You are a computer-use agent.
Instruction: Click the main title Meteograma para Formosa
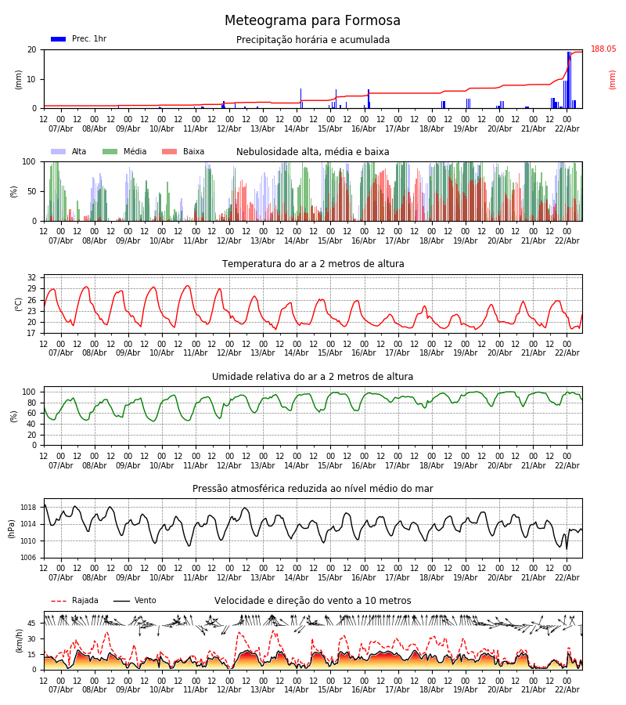(312, 21)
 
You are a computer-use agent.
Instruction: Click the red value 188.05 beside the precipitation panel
(603, 49)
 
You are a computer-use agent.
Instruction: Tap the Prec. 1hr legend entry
(88, 39)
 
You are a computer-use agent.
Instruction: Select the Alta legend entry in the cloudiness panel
(79, 152)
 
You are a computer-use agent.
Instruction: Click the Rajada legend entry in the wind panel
(85, 601)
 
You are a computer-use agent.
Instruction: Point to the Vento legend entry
(145, 601)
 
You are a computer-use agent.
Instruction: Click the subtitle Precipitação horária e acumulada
(312, 40)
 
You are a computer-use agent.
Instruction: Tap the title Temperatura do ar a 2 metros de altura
(312, 264)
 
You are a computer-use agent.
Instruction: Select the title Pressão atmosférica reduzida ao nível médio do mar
(312, 489)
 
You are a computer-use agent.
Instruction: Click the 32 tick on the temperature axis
(33, 277)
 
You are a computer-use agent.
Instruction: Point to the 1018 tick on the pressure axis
(29, 508)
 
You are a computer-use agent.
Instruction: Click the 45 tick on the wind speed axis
(33, 624)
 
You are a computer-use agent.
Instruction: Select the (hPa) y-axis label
(12, 528)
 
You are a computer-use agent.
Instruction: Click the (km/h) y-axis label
(19, 640)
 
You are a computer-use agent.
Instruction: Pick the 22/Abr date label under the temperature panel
(567, 353)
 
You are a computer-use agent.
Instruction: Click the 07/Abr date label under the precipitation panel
(60, 128)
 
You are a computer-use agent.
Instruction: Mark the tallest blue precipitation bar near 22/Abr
(568, 78)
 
